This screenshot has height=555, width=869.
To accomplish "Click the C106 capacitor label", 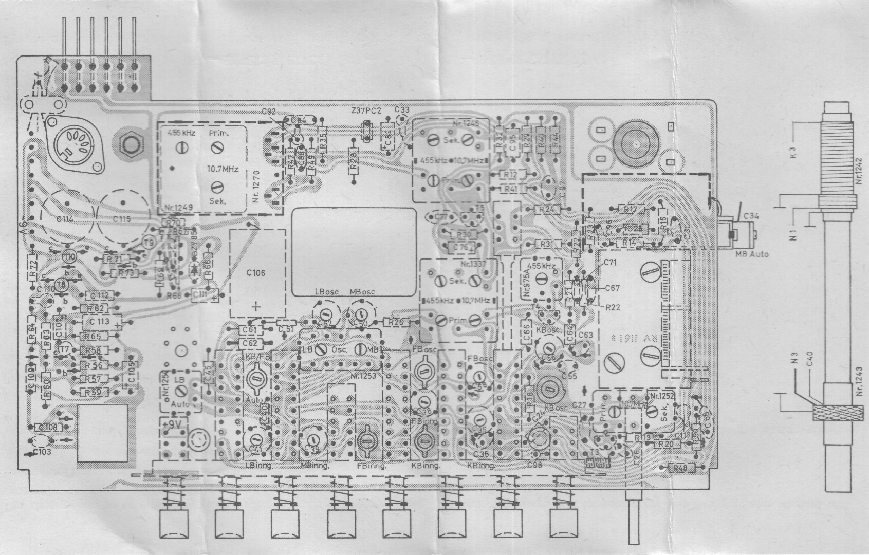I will pyautogui.click(x=255, y=273).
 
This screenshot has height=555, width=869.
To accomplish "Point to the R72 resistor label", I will pyautogui.click(x=33, y=267).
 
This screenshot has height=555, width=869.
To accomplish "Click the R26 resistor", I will pyautogui.click(x=396, y=322).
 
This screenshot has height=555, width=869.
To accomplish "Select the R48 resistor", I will pyautogui.click(x=680, y=467).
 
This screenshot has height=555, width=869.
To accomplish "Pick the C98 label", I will pyautogui.click(x=534, y=466).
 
